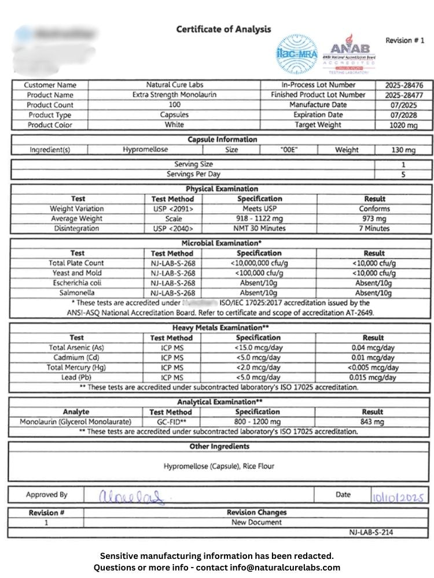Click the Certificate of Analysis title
point(223,29)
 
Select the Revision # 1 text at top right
point(404,40)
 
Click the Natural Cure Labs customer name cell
point(175,85)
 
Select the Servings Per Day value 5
point(403,174)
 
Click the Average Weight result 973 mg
point(374,218)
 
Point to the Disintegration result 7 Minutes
point(374,228)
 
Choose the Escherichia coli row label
point(77,283)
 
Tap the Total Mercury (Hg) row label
point(77,368)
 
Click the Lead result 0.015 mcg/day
point(373,377)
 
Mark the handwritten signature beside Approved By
point(131,495)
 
